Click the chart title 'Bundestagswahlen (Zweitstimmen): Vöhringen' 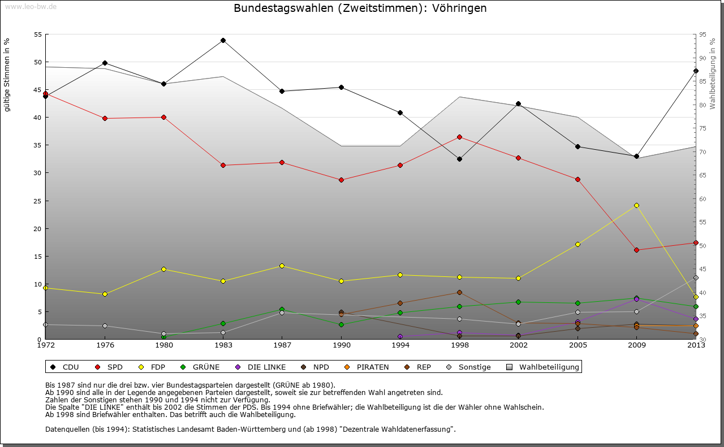(360, 8)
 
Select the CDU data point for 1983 (223, 40)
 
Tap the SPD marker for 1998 (459, 137)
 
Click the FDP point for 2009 (636, 205)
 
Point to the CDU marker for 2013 (696, 71)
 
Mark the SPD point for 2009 (636, 250)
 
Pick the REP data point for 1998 (459, 292)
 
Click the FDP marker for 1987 (282, 266)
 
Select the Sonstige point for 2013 (696, 277)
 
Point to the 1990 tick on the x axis (341, 345)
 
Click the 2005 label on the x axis (578, 345)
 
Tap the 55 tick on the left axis (38, 34)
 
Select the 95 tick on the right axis (703, 34)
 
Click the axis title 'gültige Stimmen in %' (7, 75)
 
